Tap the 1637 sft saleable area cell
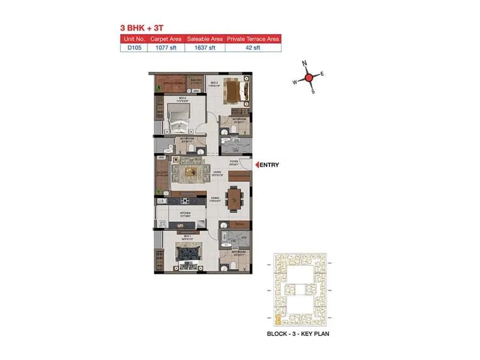click(x=205, y=48)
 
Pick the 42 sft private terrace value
click(x=252, y=48)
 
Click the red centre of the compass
click(x=308, y=77)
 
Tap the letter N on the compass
click(x=304, y=64)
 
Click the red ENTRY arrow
click(x=257, y=164)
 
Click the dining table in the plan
click(x=235, y=198)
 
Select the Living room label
click(x=217, y=173)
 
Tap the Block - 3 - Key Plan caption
click(x=298, y=333)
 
